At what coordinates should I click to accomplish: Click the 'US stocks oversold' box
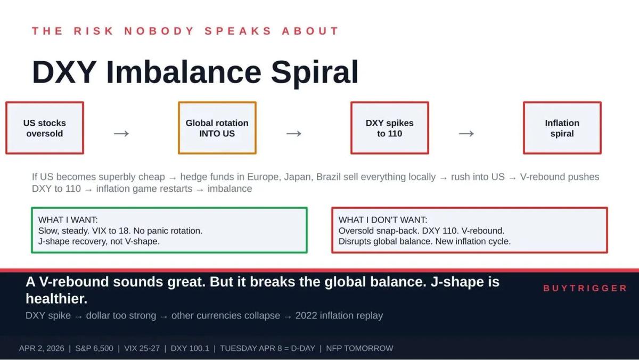[45, 128]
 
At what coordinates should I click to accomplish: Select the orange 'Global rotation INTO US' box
[217, 128]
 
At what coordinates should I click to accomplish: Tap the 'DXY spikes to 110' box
[390, 128]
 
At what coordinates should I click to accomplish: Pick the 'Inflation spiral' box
[562, 128]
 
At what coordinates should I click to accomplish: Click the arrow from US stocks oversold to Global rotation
[121, 134]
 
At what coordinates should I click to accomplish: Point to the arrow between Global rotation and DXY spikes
[294, 134]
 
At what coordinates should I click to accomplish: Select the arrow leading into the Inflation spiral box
[466, 134]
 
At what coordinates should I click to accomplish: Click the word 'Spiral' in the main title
[315, 72]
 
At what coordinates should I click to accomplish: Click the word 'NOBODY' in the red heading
[159, 31]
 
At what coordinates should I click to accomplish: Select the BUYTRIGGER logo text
[585, 288]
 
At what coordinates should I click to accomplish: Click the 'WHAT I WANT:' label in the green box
[68, 220]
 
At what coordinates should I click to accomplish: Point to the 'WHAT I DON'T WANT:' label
[383, 220]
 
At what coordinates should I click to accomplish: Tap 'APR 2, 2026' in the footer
[42, 348]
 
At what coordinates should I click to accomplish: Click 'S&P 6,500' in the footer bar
[94, 348]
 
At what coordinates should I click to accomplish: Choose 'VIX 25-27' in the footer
[142, 348]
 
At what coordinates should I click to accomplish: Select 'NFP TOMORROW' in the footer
[359, 348]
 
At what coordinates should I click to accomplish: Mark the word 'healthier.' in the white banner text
[56, 299]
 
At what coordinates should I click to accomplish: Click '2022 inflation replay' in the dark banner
[339, 315]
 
